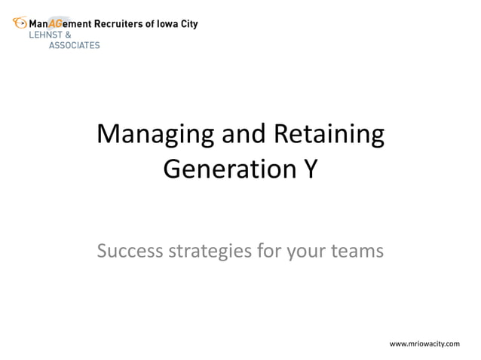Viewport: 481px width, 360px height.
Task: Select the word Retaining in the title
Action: tap(328, 136)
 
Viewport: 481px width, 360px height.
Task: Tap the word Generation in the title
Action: tap(222, 169)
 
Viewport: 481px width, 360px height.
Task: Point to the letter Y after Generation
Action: tap(309, 169)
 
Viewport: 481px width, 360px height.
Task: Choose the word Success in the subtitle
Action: tap(130, 249)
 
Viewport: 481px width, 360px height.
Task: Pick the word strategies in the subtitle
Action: tap(209, 250)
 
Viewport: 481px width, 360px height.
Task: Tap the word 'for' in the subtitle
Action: tap(269, 249)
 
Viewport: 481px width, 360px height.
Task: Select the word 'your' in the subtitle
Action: tap(308, 250)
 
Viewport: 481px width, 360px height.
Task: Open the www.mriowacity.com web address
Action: tap(424, 343)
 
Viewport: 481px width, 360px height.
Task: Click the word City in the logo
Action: tap(190, 24)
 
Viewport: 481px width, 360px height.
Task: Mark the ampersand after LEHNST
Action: tap(69, 35)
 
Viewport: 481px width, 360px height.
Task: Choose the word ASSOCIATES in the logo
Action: tap(74, 45)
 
